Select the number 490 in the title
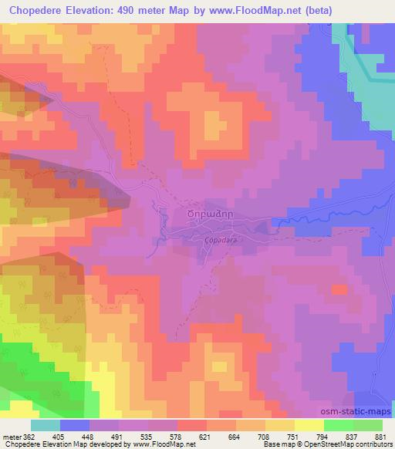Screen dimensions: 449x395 (x=154, y=11)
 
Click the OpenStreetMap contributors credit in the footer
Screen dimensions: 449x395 (x=340, y=444)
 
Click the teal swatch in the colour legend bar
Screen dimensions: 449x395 (x=46, y=425)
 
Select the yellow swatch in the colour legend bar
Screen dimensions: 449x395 (x=309, y=425)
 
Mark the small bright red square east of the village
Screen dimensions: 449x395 (x=339, y=290)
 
